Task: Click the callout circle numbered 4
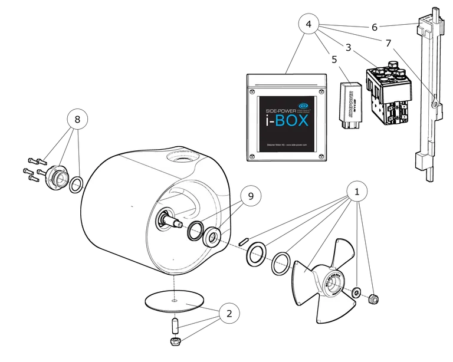(309, 25)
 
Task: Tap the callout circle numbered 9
(251, 197)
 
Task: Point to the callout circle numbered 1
(356, 192)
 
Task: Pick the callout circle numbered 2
(230, 313)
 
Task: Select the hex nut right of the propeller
(373, 301)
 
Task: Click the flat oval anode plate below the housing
(176, 300)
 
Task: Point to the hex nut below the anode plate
(176, 342)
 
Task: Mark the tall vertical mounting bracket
(429, 94)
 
